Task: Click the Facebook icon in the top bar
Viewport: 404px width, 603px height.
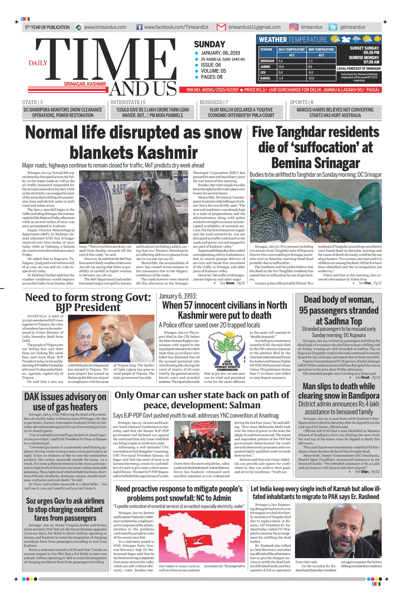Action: point(139,27)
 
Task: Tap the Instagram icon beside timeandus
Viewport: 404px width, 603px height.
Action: point(293,27)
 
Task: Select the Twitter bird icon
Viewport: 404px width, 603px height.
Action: point(333,27)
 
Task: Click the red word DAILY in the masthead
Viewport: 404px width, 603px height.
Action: point(38,63)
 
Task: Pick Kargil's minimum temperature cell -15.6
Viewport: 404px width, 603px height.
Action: point(311,78)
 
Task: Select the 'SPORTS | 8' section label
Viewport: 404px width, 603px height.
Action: point(301,102)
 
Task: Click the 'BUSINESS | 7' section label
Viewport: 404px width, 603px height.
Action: point(213,102)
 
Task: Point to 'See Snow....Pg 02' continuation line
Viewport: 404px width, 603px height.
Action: point(232,283)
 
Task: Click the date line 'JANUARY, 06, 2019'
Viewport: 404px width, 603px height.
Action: point(220,53)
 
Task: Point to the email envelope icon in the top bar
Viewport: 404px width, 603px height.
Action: point(221,27)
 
